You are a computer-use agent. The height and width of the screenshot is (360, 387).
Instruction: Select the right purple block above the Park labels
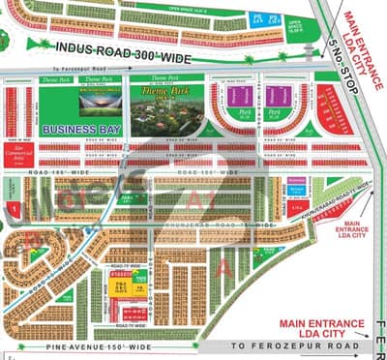tap(278, 95)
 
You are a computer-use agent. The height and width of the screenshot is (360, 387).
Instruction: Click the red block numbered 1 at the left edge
tap(15, 206)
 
